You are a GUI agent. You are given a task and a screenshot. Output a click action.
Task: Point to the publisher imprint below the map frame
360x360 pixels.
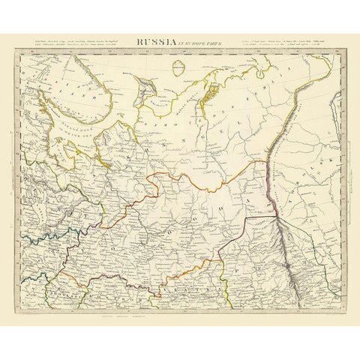click(180, 301)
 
